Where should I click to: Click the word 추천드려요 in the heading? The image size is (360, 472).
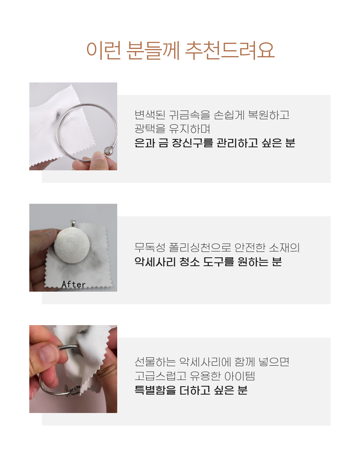[229, 50]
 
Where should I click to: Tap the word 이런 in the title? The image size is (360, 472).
[104, 50]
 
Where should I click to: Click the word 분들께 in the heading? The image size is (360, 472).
[153, 50]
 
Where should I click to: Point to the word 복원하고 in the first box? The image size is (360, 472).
[268, 115]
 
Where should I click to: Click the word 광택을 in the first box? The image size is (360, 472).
[150, 129]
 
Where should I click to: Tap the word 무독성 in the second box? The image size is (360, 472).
[150, 248]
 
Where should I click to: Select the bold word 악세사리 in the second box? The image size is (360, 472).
[155, 262]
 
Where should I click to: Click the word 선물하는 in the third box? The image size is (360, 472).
[155, 362]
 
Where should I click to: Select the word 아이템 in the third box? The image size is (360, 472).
[240, 376]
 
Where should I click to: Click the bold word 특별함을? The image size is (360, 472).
[155, 390]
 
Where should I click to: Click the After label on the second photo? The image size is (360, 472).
[74, 285]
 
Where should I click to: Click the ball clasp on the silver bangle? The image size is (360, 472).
[109, 151]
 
